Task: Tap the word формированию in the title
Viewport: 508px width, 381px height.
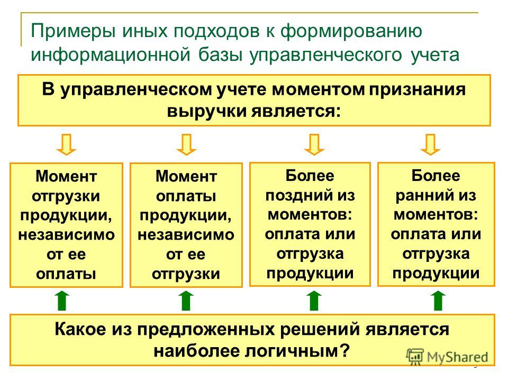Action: point(351,31)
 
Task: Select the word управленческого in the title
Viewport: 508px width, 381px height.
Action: point(325,55)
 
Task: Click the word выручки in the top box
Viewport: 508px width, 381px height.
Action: point(206,111)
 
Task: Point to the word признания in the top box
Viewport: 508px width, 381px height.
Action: point(418,90)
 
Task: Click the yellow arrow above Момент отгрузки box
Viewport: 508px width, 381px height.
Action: point(67,144)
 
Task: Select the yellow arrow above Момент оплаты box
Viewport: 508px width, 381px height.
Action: point(186,144)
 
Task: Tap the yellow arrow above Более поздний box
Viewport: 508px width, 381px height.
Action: point(314,144)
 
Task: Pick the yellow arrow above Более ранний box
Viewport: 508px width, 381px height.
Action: point(430,144)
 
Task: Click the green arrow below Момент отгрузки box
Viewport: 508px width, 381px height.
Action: point(62,301)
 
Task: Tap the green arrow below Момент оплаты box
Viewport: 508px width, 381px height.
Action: point(186,301)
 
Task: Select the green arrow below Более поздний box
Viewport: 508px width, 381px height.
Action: point(314,301)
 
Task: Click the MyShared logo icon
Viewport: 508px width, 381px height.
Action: point(415,357)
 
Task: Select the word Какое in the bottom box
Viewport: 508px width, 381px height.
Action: point(80,330)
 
